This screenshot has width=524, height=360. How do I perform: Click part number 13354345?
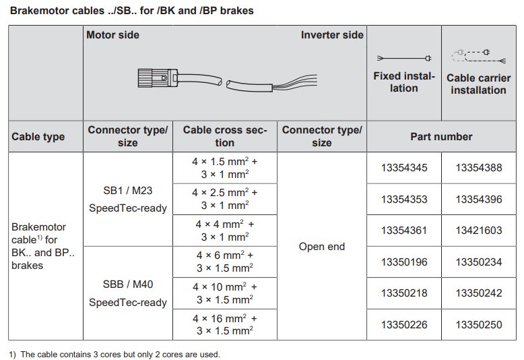404,168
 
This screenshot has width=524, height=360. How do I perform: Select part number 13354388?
479,168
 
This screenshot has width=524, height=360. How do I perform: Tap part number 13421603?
479,231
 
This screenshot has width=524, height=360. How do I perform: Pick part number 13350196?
404,262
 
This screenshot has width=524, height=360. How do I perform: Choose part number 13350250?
479,325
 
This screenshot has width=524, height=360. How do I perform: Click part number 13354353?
404,200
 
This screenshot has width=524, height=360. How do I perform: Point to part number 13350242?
479,293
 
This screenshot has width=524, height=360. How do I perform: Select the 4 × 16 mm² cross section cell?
225,324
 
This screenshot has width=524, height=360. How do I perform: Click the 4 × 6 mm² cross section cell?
225,262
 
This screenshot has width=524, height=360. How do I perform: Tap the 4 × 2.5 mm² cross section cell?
225,199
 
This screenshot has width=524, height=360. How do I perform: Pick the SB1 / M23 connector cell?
128,199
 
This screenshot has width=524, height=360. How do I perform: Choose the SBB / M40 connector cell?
128,293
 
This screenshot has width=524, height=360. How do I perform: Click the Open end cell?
322,247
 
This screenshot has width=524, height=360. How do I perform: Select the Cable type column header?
38,137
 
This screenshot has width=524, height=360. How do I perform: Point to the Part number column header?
441,137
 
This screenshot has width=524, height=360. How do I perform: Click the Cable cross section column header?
225,136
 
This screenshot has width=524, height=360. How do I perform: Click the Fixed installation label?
404,82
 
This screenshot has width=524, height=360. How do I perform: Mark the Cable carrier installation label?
478,84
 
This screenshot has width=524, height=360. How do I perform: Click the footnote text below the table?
114,354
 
